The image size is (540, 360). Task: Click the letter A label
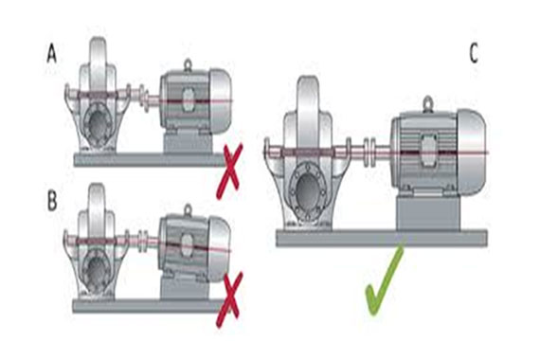[52, 55]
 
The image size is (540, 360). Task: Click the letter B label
[52, 201]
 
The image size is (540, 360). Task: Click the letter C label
[473, 53]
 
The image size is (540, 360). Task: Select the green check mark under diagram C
[383, 279]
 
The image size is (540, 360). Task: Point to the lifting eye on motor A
[188, 65]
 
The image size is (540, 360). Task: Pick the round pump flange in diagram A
[99, 124]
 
